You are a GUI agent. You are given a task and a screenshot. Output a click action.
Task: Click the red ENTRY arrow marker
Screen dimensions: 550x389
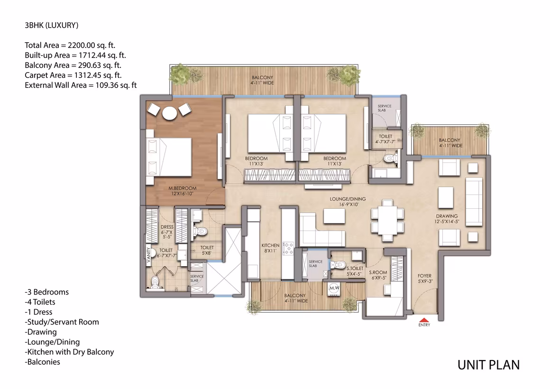coord(424,320)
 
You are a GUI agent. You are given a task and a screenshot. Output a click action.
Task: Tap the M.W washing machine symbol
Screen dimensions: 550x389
coord(334,288)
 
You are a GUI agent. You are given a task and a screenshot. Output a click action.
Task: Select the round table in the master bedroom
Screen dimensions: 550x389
coord(169,113)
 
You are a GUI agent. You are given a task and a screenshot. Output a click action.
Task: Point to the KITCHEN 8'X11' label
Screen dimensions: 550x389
coord(270,248)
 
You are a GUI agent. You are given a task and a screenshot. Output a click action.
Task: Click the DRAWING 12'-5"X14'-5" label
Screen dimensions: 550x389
coord(447,219)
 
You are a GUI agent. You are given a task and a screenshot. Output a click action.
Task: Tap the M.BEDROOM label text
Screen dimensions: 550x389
coord(183,188)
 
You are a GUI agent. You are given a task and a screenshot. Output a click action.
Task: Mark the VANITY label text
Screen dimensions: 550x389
coord(148,255)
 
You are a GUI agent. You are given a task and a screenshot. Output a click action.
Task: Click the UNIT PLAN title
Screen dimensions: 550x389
coord(489,365)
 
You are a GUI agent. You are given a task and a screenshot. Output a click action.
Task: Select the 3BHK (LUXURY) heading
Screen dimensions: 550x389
coord(52,25)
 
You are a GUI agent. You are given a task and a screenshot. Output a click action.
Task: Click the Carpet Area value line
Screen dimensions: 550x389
coord(73,75)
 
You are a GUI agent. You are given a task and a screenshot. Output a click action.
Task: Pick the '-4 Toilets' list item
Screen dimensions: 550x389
coord(40,302)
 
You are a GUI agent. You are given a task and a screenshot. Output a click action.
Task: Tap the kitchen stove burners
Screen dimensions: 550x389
coord(288,248)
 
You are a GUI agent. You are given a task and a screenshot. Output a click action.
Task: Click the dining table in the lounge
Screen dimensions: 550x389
coord(387,221)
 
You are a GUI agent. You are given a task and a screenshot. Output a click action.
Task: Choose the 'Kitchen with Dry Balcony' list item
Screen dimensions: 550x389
coord(69,352)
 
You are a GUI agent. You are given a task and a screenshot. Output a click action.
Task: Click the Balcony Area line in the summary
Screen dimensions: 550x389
coord(73,65)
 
